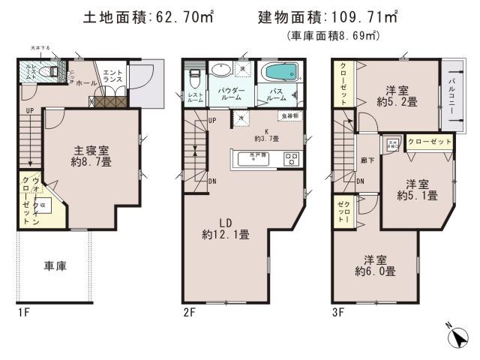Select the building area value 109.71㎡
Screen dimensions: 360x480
[x=361, y=16]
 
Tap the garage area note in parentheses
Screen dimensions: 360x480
[x=332, y=35]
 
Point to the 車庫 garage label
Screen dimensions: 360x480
[x=55, y=265]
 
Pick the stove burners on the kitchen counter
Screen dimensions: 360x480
[x=290, y=158]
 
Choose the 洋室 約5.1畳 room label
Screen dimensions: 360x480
[x=418, y=190]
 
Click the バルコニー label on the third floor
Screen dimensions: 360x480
[x=454, y=94]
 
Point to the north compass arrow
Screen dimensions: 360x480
[x=458, y=337]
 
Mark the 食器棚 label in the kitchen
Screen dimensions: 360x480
[x=290, y=115]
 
